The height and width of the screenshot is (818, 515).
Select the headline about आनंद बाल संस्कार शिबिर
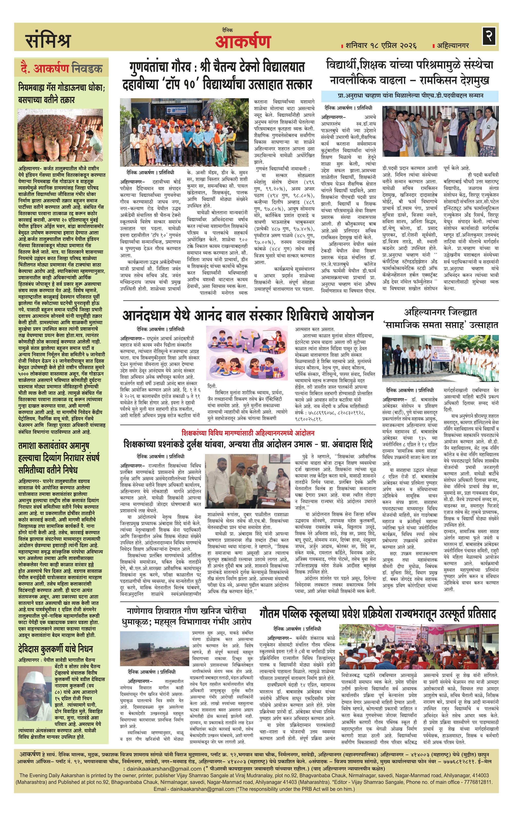point(248,315)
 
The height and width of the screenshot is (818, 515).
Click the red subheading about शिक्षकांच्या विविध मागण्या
point(248,433)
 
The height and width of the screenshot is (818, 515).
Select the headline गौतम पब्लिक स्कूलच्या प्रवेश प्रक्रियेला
point(378,614)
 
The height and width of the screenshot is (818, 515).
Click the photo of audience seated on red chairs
point(419,646)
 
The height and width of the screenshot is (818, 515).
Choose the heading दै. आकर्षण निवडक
point(61,69)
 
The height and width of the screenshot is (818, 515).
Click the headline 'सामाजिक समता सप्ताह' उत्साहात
point(441,325)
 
